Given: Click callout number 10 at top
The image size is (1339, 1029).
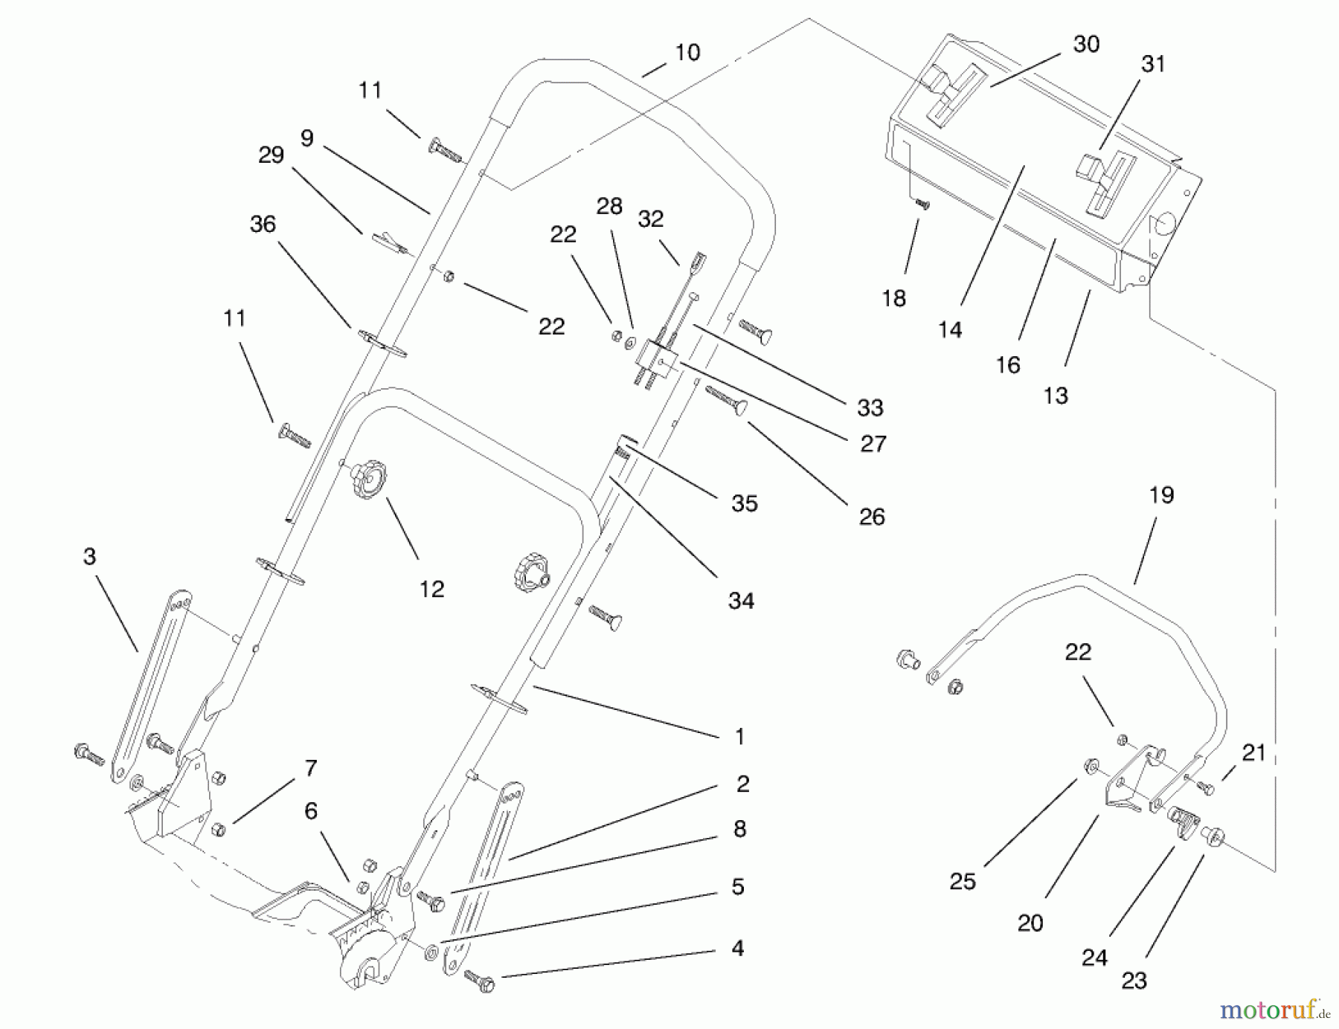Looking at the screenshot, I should click(x=687, y=53).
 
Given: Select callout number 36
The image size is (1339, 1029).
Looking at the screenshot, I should click(x=263, y=225).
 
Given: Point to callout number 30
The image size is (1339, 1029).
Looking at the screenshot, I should click(x=1086, y=45).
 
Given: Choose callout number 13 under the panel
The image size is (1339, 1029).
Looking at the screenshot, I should click(x=1055, y=396).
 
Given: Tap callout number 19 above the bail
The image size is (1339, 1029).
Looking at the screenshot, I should click(x=1161, y=495).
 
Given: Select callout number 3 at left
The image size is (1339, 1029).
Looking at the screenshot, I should click(x=89, y=557).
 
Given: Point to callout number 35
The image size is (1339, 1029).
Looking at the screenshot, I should click(x=744, y=503).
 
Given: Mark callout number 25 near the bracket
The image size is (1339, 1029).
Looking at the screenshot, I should click(x=962, y=882).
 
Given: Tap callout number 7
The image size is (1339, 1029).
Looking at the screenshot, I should click(x=311, y=768).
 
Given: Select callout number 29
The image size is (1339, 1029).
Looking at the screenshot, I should click(x=271, y=155).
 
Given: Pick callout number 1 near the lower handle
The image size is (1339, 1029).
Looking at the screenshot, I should click(x=739, y=737).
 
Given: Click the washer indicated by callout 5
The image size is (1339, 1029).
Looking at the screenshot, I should click(x=431, y=952).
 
